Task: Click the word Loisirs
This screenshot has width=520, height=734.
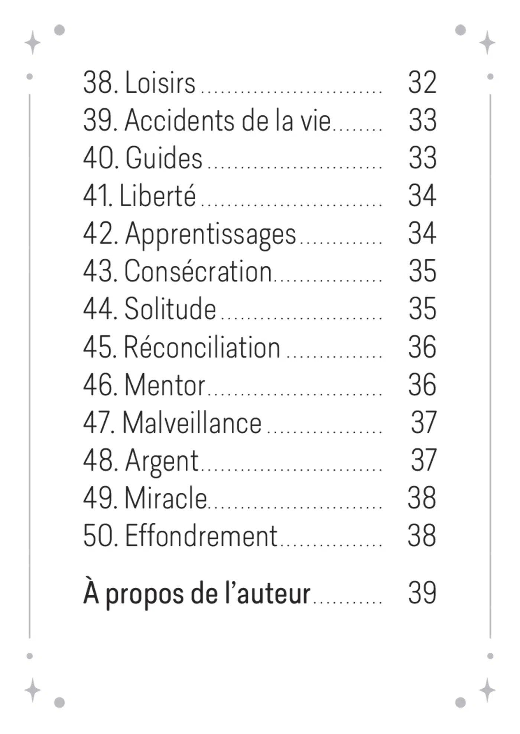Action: (x=160, y=82)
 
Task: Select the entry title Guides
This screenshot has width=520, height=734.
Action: (x=164, y=158)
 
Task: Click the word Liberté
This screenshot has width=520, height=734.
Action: (x=157, y=196)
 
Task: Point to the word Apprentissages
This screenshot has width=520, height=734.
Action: (x=211, y=234)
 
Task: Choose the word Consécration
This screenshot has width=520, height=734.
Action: (x=198, y=271)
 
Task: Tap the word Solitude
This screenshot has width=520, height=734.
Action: (x=170, y=309)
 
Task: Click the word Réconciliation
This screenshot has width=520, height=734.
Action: (x=202, y=347)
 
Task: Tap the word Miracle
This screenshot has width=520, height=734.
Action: (x=166, y=498)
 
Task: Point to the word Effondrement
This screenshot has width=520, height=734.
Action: (x=201, y=536)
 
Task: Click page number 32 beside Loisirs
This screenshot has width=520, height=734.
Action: (x=422, y=82)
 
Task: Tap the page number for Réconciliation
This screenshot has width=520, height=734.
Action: (x=422, y=347)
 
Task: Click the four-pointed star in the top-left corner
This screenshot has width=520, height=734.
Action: (x=33, y=42)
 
